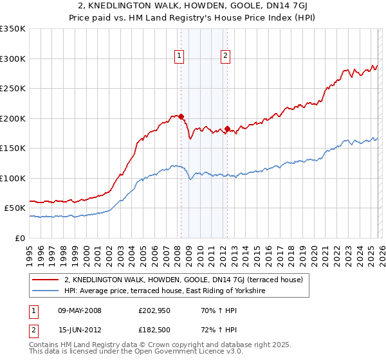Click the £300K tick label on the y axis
click(x=13, y=59)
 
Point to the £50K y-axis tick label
click(x=15, y=208)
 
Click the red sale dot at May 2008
click(x=181, y=117)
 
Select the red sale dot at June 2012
click(x=227, y=129)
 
